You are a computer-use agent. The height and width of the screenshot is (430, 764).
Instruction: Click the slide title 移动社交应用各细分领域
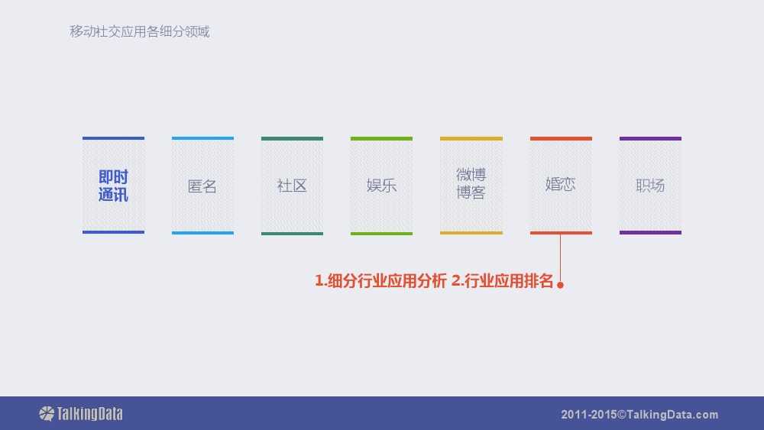139,31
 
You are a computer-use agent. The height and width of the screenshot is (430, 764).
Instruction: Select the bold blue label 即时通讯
113,186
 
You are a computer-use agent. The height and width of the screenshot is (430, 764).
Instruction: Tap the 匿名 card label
202,186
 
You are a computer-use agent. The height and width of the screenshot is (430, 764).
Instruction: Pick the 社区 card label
292,186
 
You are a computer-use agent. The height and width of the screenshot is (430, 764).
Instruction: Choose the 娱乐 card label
381,186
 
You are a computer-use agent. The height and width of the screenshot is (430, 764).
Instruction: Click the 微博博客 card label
471,183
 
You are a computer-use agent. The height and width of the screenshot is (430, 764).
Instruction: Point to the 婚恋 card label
560,184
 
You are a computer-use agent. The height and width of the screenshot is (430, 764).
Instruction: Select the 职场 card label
650,186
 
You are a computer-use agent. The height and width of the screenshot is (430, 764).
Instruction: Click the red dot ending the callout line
560,285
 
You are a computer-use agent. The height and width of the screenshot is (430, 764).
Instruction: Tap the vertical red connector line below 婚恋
560,258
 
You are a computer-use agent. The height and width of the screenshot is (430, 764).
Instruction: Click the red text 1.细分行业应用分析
380,281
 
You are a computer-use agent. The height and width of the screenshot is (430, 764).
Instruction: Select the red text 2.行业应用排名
503,281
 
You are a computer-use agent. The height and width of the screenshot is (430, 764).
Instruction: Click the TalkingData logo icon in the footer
47,413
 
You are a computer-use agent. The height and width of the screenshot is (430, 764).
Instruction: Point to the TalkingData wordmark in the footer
89,414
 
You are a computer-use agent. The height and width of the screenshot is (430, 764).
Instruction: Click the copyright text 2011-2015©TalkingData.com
639,415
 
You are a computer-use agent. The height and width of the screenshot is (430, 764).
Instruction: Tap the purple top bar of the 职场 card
650,139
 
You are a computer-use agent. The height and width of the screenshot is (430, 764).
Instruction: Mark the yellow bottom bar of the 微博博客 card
471,233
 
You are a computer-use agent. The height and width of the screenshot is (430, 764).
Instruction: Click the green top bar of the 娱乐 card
381,139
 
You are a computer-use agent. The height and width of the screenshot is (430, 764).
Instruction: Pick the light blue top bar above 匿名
202,139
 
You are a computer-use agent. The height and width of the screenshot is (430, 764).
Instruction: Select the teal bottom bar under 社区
292,233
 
